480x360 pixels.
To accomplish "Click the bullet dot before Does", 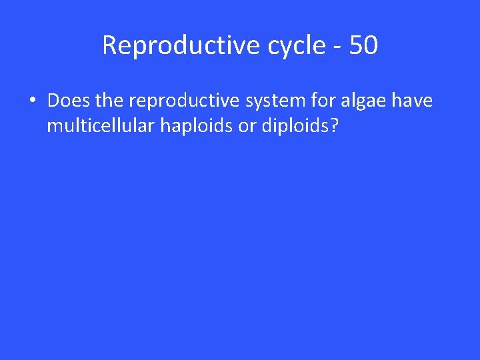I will pyautogui.click(x=31, y=101).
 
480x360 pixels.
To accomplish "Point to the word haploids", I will pyautogui.click(x=193, y=126).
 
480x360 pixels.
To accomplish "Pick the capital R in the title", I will pyautogui.click(x=109, y=45).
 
